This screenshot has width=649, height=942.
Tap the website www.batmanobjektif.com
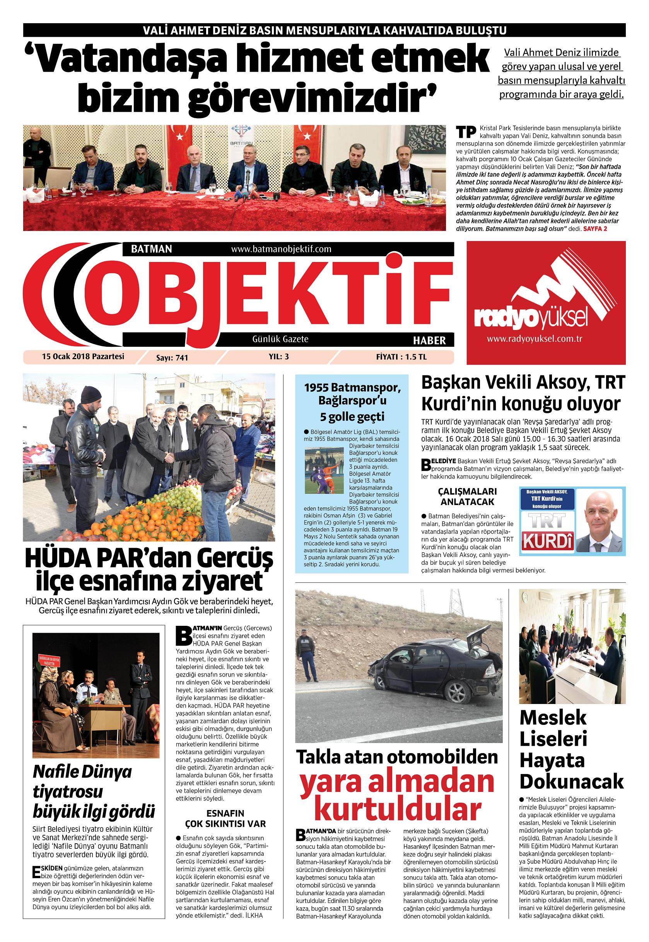pyautogui.click(x=281, y=248)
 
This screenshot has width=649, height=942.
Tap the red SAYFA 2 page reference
pyautogui.click(x=595, y=229)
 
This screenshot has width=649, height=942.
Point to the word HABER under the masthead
pyautogui.click(x=429, y=339)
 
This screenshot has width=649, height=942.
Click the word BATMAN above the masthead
pyautogui.click(x=151, y=248)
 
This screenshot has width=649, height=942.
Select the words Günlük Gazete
pyautogui.click(x=280, y=339)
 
